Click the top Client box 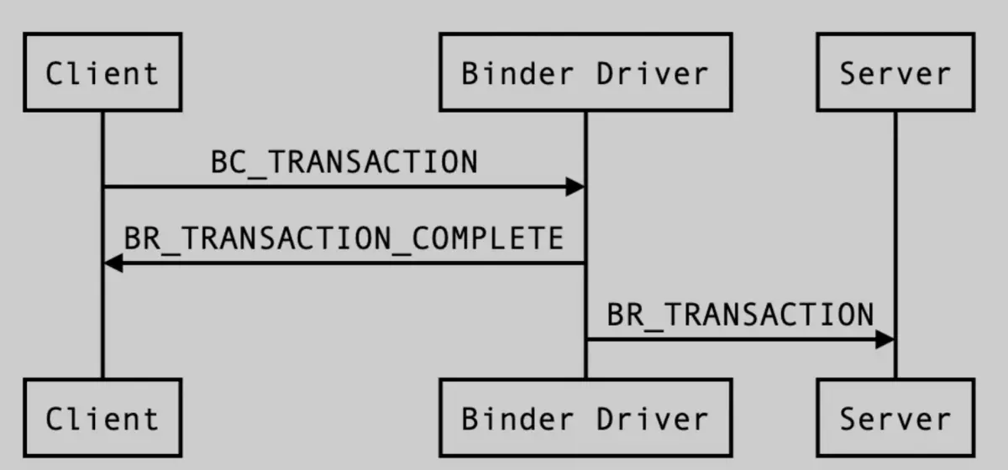(102, 72)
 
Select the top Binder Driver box (585, 72)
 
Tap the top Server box (895, 72)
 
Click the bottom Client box (102, 418)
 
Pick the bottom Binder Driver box (585, 418)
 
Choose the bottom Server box (895, 418)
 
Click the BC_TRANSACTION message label (344, 163)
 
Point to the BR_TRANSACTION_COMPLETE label (344, 239)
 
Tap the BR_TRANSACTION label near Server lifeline (740, 316)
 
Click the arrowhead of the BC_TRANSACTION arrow (575, 186)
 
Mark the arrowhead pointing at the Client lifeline (113, 263)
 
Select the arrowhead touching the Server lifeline (885, 340)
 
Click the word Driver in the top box (653, 73)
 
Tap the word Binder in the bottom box (518, 419)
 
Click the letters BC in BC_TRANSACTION (229, 162)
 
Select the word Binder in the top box (518, 73)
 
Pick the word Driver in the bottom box (653, 419)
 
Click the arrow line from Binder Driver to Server (740, 340)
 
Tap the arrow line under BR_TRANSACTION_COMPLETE (344, 263)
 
